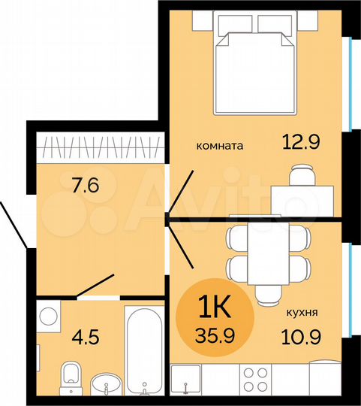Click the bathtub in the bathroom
[x=143, y=353]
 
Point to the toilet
[x=71, y=375]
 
